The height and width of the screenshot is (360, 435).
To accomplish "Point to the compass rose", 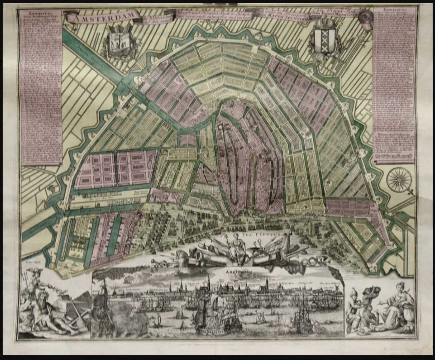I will (x=399, y=180).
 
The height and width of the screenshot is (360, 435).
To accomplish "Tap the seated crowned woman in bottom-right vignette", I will (x=395, y=305).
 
